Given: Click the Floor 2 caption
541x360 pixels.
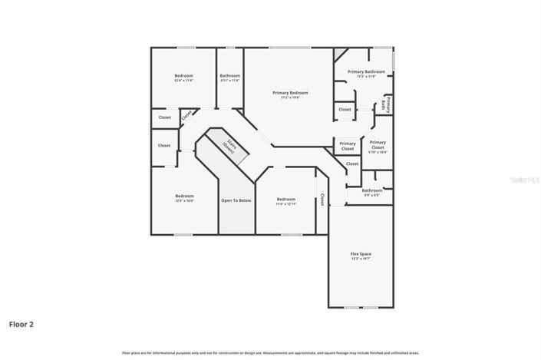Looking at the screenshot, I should [x=21, y=324].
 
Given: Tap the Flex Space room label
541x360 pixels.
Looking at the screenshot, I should [x=361, y=253].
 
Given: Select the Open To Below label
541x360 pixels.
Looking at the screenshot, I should [x=236, y=200].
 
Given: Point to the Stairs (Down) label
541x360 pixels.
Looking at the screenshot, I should [x=229, y=145].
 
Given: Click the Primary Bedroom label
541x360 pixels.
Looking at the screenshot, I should [x=290, y=92].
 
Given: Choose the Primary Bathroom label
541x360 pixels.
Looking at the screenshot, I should [x=366, y=71].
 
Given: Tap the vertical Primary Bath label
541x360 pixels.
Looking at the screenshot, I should [x=388, y=104].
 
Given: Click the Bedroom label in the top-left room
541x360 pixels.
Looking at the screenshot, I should [x=183, y=75].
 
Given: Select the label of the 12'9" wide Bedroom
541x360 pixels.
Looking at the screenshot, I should [x=184, y=196].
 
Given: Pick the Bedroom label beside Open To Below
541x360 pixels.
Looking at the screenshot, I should [x=285, y=199].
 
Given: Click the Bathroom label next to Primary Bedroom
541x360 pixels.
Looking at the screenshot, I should [x=229, y=75].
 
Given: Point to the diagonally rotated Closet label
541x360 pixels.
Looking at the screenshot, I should [x=186, y=116].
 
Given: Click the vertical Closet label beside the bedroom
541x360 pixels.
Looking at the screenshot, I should [x=322, y=199].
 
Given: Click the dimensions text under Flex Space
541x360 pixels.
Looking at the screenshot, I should [x=361, y=259].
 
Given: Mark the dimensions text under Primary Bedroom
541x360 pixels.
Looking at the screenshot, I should [x=290, y=97].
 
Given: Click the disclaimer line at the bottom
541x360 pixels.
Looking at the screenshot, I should [x=270, y=352].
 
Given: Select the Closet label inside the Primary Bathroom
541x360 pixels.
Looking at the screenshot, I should [x=345, y=109].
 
